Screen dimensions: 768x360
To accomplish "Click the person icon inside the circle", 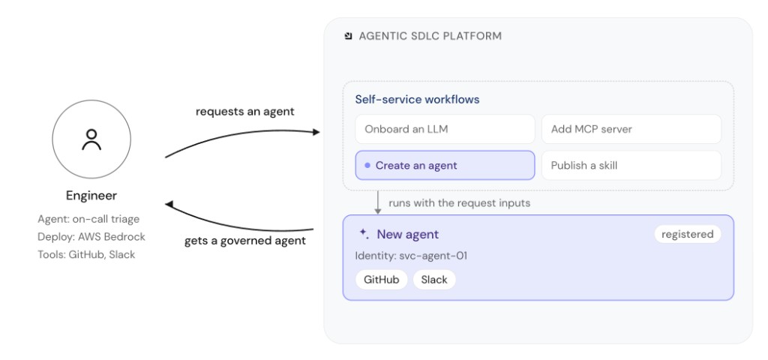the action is pos(91,139).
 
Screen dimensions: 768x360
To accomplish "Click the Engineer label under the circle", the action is pos(91,196).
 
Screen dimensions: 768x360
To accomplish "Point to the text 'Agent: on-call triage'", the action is pos(88,220).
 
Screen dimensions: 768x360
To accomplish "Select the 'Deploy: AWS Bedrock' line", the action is pos(91,237).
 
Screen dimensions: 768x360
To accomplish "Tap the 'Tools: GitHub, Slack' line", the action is pos(86,255).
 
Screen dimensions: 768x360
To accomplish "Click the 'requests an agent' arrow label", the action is pos(245,112).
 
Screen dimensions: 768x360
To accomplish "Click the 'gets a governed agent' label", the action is pos(245,241).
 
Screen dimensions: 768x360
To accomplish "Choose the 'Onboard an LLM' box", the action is pos(445,129).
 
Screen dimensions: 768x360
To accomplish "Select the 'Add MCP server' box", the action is pos(631,129).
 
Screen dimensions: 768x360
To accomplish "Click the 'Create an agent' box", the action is pos(445,166).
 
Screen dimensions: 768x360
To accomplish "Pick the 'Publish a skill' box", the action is pos(631,166).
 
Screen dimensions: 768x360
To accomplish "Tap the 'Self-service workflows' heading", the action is pos(417,100).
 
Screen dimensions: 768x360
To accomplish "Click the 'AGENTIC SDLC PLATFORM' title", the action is pos(430,36).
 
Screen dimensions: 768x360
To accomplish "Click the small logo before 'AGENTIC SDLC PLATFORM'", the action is pos(348,36).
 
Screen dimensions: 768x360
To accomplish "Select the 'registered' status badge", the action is pos(688,235).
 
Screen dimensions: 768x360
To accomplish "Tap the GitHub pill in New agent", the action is pos(382,280).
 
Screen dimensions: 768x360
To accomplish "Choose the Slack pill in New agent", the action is pos(434,280).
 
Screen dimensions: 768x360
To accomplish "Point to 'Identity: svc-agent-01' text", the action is pos(411,256).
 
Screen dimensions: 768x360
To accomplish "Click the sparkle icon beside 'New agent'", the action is pos(364,233).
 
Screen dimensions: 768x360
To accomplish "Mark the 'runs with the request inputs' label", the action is pos(460,202).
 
